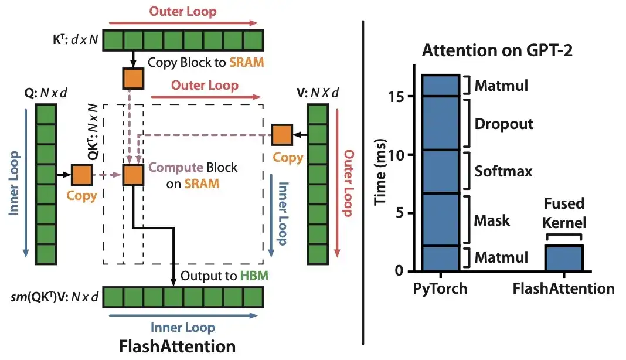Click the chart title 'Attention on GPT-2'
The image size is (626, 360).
pos(498,50)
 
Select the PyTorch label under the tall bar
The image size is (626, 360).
pos(440,289)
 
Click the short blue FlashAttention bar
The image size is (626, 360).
pos(563,258)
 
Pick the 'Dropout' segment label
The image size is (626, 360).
pos(504,124)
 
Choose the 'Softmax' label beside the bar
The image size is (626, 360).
pos(503,171)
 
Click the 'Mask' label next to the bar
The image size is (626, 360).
pos(492,220)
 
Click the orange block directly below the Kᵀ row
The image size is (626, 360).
pos(133,78)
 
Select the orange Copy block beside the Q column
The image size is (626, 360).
pos(81,175)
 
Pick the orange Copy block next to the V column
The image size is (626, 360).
pos(281,135)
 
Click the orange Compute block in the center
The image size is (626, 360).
pos(133,175)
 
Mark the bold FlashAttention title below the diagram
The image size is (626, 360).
pos(177,346)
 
